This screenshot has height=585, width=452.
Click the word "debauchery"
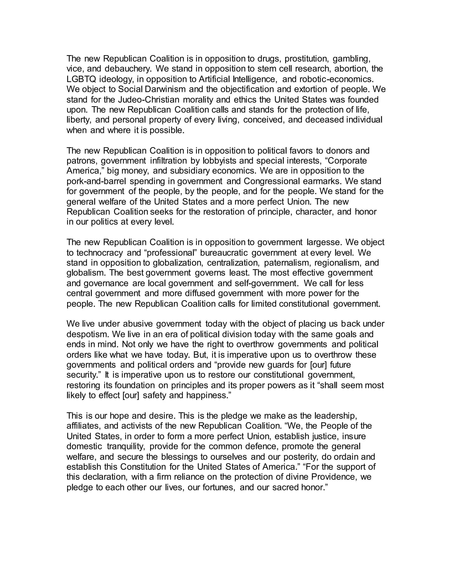coord(128,69)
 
